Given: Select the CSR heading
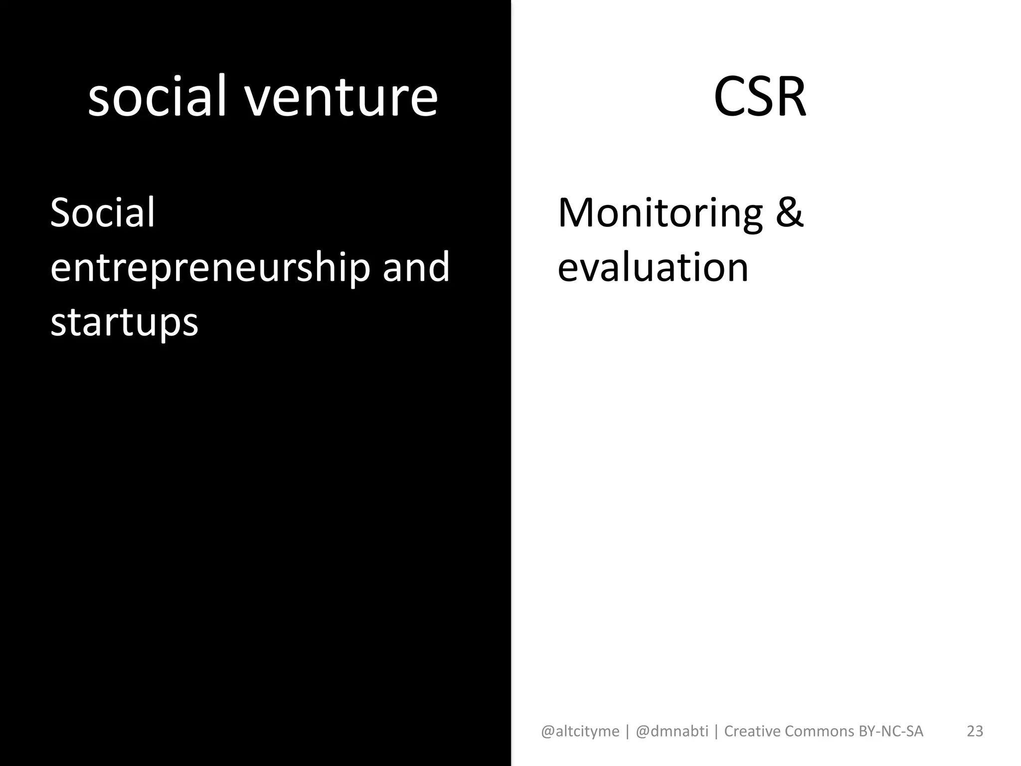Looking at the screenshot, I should pos(759,97).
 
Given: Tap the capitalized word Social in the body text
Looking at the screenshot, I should pos(103,213).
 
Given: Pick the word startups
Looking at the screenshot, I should pos(124,323).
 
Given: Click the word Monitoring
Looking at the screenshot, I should pos(660,213).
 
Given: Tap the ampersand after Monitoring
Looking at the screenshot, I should pos(789,213).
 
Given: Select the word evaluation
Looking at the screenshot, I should pos(653,268).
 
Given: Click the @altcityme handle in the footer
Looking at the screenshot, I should pos(580,731).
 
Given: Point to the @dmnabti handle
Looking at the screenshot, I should pos(672,731).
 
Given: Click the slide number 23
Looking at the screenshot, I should pos(975,731).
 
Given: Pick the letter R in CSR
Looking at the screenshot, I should pos(790,97).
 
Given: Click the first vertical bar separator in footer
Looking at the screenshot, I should pos(627,732).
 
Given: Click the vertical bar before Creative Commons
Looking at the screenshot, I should pos(716,732).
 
